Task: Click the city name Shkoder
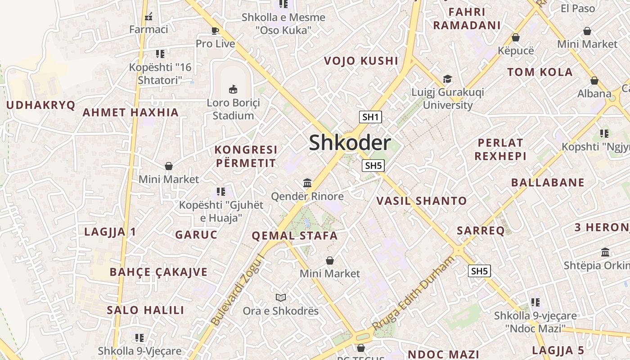[x=350, y=143]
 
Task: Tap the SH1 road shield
[x=370, y=117]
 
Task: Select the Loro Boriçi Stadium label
[x=233, y=109]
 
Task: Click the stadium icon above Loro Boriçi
[x=233, y=89]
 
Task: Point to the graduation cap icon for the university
[x=447, y=79]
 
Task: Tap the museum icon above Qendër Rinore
[x=307, y=183]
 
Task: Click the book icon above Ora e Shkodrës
[x=281, y=297]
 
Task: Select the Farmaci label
[x=148, y=30]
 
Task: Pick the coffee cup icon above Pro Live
[x=215, y=31]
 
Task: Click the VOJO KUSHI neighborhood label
[x=361, y=61]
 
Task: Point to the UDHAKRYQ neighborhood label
[x=41, y=105]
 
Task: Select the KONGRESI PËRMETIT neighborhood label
[x=246, y=156]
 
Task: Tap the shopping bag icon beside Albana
[x=594, y=81]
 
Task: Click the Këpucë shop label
[x=516, y=50]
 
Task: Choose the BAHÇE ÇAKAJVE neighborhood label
[x=158, y=272]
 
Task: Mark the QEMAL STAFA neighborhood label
[x=294, y=236]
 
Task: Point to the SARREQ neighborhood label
[x=481, y=231]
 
